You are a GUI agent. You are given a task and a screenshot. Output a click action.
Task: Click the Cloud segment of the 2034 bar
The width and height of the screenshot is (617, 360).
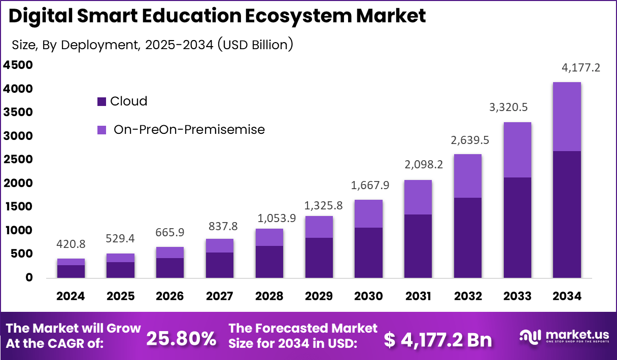(x=567, y=214)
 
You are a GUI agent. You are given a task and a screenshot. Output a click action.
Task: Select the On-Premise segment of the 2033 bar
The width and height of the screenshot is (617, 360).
(x=517, y=150)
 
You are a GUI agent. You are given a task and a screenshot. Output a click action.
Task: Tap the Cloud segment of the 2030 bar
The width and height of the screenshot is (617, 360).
(x=368, y=253)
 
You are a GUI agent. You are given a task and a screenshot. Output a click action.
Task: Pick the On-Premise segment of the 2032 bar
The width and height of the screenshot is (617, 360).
(x=467, y=176)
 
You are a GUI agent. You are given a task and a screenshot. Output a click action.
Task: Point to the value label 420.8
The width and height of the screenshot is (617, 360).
(x=71, y=244)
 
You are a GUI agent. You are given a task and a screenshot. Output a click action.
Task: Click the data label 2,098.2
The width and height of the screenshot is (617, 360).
(x=418, y=165)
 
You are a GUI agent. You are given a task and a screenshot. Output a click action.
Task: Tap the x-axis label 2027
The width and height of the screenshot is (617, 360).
(x=220, y=296)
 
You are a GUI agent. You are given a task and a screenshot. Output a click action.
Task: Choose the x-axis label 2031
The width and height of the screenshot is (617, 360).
(x=418, y=296)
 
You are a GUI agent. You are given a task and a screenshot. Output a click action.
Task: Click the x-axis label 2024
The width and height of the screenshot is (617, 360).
(x=71, y=296)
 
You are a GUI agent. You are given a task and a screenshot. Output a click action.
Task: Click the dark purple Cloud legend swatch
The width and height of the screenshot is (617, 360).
(x=101, y=102)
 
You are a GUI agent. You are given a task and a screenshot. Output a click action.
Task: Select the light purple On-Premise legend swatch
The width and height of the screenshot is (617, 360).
(x=101, y=130)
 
